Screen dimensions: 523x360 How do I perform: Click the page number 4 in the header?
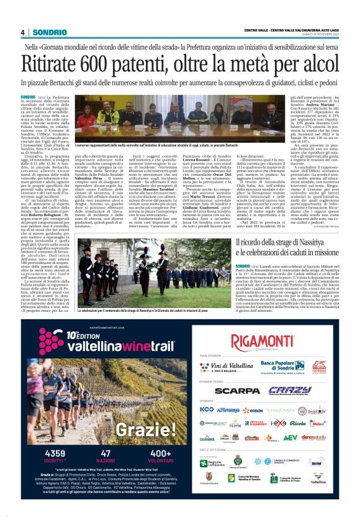(x=23, y=32)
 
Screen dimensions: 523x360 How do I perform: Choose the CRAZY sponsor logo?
(x=290, y=391)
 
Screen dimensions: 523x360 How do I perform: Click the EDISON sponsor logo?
(x=253, y=411)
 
